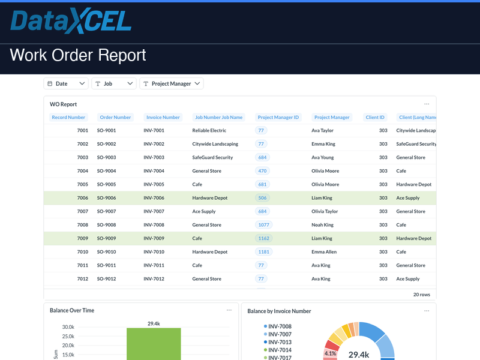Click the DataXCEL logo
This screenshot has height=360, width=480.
pyautogui.click(x=71, y=22)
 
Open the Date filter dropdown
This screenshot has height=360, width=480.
pyautogui.click(x=66, y=84)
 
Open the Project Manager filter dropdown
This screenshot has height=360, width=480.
pyautogui.click(x=172, y=84)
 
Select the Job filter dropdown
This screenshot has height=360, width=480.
pyautogui.click(x=114, y=84)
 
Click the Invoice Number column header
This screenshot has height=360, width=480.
pyautogui.click(x=163, y=118)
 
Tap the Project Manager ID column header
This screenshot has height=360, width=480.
pyautogui.click(x=278, y=118)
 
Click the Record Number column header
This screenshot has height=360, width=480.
pyautogui.click(x=68, y=118)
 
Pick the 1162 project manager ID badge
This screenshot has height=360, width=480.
pyautogui.click(x=264, y=238)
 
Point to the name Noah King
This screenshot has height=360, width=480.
pyautogui.click(x=322, y=225)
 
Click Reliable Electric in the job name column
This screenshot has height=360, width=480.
pyautogui.click(x=209, y=130)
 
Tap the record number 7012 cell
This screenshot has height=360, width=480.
pyautogui.click(x=83, y=279)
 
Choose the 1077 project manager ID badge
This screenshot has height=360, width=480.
pyautogui.click(x=264, y=225)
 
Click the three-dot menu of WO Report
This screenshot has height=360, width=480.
pyautogui.click(x=427, y=104)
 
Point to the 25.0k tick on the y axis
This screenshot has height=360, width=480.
pyautogui.click(x=67, y=336)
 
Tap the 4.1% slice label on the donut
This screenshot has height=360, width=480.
pyautogui.click(x=330, y=353)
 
